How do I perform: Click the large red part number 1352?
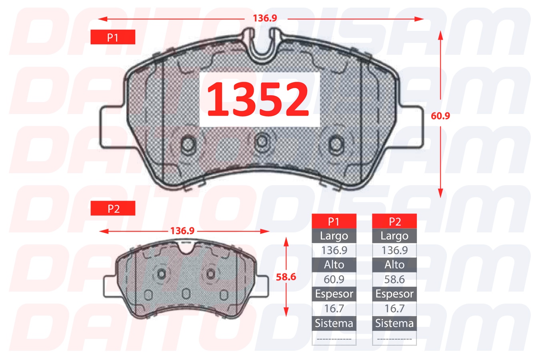coord(258,99)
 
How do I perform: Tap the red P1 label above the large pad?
coord(113,37)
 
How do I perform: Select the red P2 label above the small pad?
coord(113,208)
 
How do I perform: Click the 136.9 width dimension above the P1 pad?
coord(265,18)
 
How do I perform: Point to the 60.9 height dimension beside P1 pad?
coord(440,116)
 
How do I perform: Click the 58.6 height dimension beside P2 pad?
coord(286,277)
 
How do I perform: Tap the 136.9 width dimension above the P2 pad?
coord(182,231)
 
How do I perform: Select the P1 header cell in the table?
coord(334,221)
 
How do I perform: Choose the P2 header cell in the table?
coord(394,221)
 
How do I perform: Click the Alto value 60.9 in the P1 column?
coord(334,280)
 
